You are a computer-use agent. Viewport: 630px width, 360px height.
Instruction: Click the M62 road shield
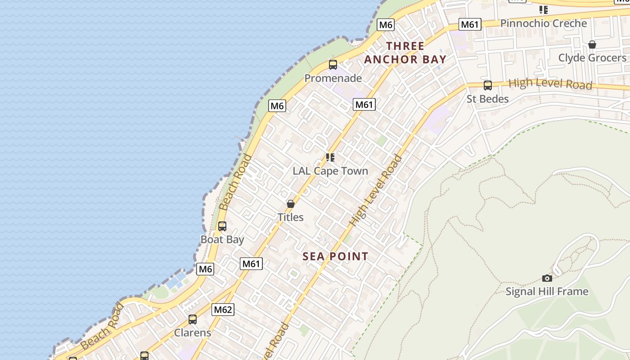pyautogui.click(x=223, y=310)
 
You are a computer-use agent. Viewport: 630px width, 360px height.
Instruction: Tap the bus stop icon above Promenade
pyautogui.click(x=333, y=65)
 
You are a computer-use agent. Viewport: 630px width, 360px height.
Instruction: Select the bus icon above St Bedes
pyautogui.click(x=487, y=85)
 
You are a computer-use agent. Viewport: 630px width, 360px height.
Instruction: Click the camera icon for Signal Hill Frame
pyautogui.click(x=547, y=278)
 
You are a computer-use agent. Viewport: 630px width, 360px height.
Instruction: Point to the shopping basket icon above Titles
pyautogui.click(x=291, y=204)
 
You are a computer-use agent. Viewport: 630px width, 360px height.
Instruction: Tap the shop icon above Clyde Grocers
pyautogui.click(x=592, y=45)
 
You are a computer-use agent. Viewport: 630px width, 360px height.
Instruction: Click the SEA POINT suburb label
pyautogui.click(x=335, y=256)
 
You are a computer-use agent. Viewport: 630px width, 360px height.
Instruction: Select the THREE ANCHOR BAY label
pyautogui.click(x=405, y=53)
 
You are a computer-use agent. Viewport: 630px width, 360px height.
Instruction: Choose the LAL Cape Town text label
pyautogui.click(x=330, y=171)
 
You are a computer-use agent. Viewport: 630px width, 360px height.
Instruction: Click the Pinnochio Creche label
pyautogui.click(x=544, y=23)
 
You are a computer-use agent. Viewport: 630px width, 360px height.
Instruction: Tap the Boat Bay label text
pyautogui.click(x=222, y=239)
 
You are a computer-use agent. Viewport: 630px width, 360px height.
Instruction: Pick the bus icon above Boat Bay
pyautogui.click(x=222, y=226)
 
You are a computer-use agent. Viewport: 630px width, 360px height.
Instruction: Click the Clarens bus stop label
pyautogui.click(x=193, y=333)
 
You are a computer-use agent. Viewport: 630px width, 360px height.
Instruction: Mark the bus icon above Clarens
pyautogui.click(x=193, y=319)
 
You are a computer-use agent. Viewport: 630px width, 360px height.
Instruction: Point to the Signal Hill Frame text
pyautogui.click(x=547, y=292)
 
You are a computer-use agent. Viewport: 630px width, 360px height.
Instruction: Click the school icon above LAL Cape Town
pyautogui.click(x=330, y=157)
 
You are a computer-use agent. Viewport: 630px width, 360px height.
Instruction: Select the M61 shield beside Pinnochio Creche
pyautogui.click(x=470, y=24)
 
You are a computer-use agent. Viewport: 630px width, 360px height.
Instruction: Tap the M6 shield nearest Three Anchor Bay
pyautogui.click(x=386, y=25)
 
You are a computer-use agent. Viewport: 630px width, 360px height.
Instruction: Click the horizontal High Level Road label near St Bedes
pyautogui.click(x=550, y=84)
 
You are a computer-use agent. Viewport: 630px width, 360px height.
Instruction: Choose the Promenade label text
pyautogui.click(x=333, y=78)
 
